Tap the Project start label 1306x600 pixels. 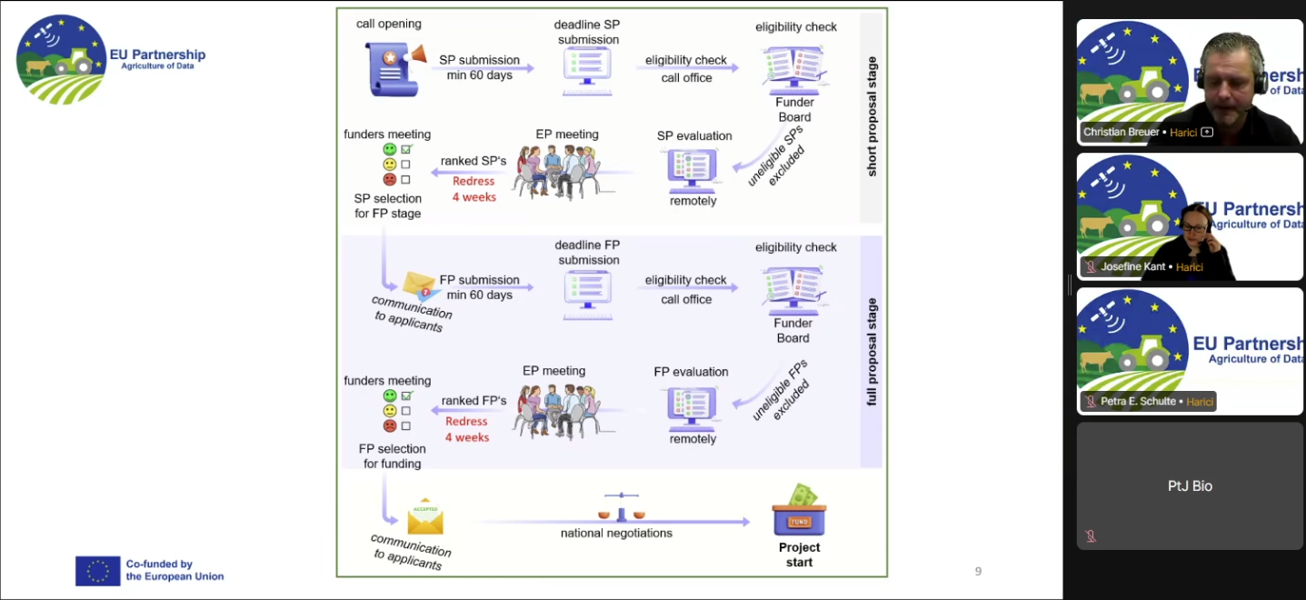tap(799, 555)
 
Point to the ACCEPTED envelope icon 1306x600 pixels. tap(424, 516)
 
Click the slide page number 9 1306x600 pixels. tap(978, 572)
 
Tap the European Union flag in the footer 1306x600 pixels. tap(98, 571)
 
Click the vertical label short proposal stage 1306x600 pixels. tap(872, 116)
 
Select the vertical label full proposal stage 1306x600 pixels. tap(872, 351)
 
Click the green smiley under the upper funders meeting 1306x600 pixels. tap(390, 149)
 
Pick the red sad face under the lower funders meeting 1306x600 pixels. tap(390, 425)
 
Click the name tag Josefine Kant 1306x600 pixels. tap(1132, 267)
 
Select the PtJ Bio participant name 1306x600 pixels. tap(1190, 486)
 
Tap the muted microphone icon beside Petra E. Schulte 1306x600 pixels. tap(1090, 401)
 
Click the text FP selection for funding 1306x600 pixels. tap(392, 456)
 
